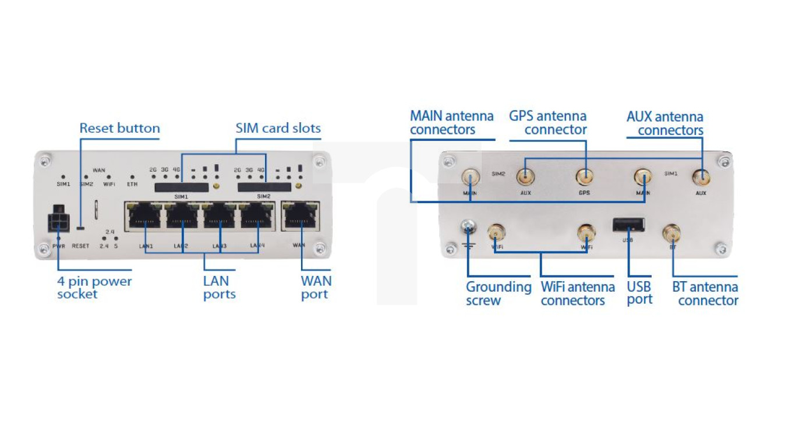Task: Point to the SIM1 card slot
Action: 181,186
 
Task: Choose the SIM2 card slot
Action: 264,186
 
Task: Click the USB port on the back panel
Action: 628,225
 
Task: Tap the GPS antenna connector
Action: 584,176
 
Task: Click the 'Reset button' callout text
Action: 119,128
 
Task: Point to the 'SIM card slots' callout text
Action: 278,128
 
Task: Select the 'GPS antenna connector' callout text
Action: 548,123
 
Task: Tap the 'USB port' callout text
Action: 639,293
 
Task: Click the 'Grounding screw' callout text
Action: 498,294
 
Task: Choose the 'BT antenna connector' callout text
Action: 705,294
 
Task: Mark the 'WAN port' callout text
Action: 316,288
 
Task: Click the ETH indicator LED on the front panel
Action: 132,176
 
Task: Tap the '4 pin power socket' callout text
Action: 94,288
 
